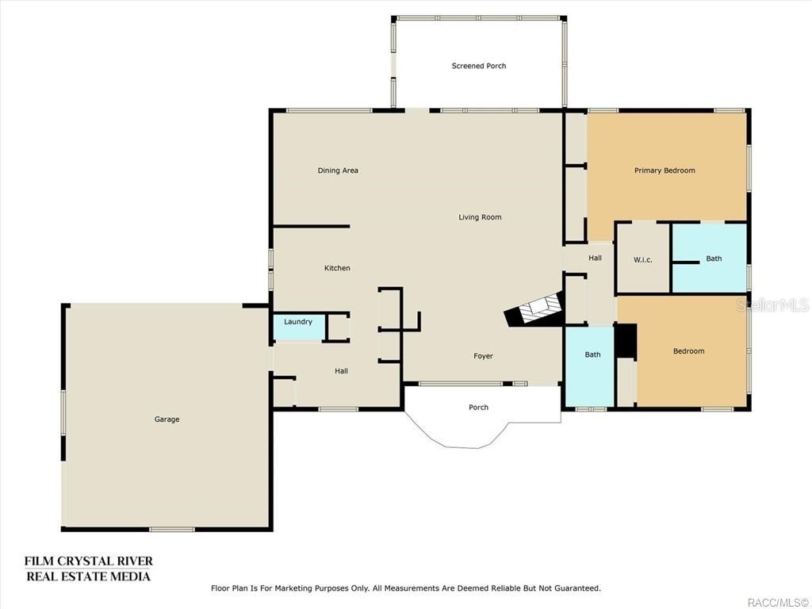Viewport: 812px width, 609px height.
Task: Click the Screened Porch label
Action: pos(478,66)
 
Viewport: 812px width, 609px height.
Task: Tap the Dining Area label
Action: pos(338,170)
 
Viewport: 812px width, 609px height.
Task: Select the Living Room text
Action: pos(480,217)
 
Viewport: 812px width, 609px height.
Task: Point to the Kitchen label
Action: pos(337,268)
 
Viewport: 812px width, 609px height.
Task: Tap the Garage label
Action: pos(167,419)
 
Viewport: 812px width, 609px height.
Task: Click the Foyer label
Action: pos(483,356)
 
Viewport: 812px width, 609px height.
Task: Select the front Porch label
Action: pos(478,408)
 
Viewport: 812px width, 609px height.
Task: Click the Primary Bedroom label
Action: pos(665,170)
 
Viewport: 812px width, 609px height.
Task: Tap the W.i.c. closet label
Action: pos(642,260)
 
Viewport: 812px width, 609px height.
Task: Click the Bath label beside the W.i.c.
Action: pos(714,259)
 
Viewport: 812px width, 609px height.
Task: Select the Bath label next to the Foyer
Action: pos(592,354)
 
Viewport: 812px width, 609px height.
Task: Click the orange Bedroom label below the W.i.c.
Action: pos(688,351)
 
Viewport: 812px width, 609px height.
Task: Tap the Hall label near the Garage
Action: pos(341,371)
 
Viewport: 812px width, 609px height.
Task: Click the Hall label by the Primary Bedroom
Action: pos(595,258)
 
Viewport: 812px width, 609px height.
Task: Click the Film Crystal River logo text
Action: pos(88,569)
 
